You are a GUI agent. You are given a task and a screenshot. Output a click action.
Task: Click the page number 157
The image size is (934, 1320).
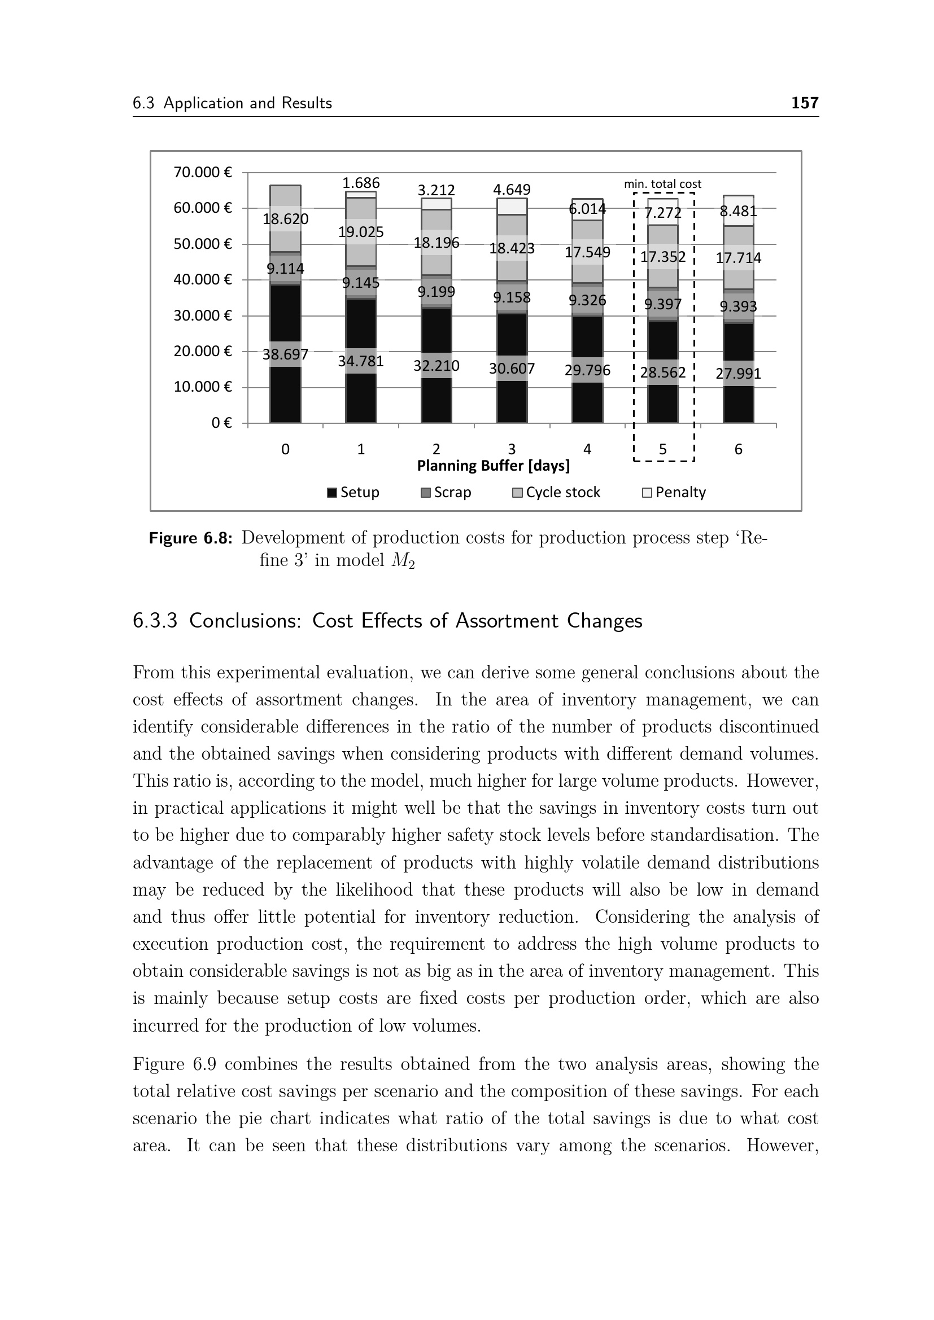[x=805, y=103]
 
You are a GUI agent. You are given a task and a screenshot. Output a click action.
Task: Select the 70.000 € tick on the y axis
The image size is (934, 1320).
[x=203, y=173]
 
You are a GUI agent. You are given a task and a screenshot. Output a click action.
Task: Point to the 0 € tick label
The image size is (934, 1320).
[x=221, y=423]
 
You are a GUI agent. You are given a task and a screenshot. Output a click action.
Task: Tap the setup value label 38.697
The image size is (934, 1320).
[x=285, y=355]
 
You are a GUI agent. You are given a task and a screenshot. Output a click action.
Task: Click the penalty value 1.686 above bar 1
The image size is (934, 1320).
[x=361, y=183]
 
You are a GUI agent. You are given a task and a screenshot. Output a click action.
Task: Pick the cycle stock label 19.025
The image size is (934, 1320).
[x=361, y=233]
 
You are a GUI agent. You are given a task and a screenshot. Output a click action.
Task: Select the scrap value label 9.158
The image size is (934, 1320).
[x=512, y=298]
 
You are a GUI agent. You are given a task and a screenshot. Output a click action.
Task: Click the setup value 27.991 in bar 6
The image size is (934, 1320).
[x=739, y=374]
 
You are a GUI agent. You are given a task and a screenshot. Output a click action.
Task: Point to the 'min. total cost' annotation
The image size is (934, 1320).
[x=662, y=184]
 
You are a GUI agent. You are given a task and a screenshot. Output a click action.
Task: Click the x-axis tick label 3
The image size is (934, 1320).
[x=512, y=449]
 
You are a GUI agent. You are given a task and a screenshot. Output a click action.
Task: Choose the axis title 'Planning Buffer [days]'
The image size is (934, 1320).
[x=494, y=466]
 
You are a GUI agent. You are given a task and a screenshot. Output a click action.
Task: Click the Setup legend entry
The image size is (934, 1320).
[x=353, y=493]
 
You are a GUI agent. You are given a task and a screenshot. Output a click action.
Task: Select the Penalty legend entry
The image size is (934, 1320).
[x=674, y=493]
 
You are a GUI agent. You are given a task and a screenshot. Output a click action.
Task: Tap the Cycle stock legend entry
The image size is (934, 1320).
[x=556, y=493]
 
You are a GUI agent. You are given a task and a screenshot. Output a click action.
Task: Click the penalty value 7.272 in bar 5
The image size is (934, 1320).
[x=662, y=213]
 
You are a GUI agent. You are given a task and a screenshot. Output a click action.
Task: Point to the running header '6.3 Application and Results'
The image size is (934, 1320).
[x=232, y=103]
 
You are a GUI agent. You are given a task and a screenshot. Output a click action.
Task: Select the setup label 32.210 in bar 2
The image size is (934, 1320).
[x=437, y=366]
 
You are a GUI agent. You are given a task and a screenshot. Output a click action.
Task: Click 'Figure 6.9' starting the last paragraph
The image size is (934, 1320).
[x=174, y=1064]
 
